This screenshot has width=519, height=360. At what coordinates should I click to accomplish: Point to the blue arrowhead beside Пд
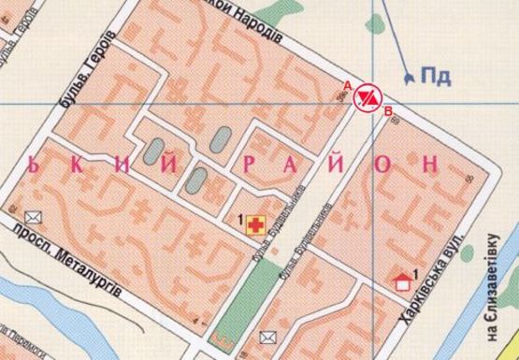(408, 74)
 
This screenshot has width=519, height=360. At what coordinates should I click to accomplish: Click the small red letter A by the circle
(348, 85)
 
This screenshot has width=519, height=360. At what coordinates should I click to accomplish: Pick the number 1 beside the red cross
(241, 220)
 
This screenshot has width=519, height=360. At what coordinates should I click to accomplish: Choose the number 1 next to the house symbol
(415, 271)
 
